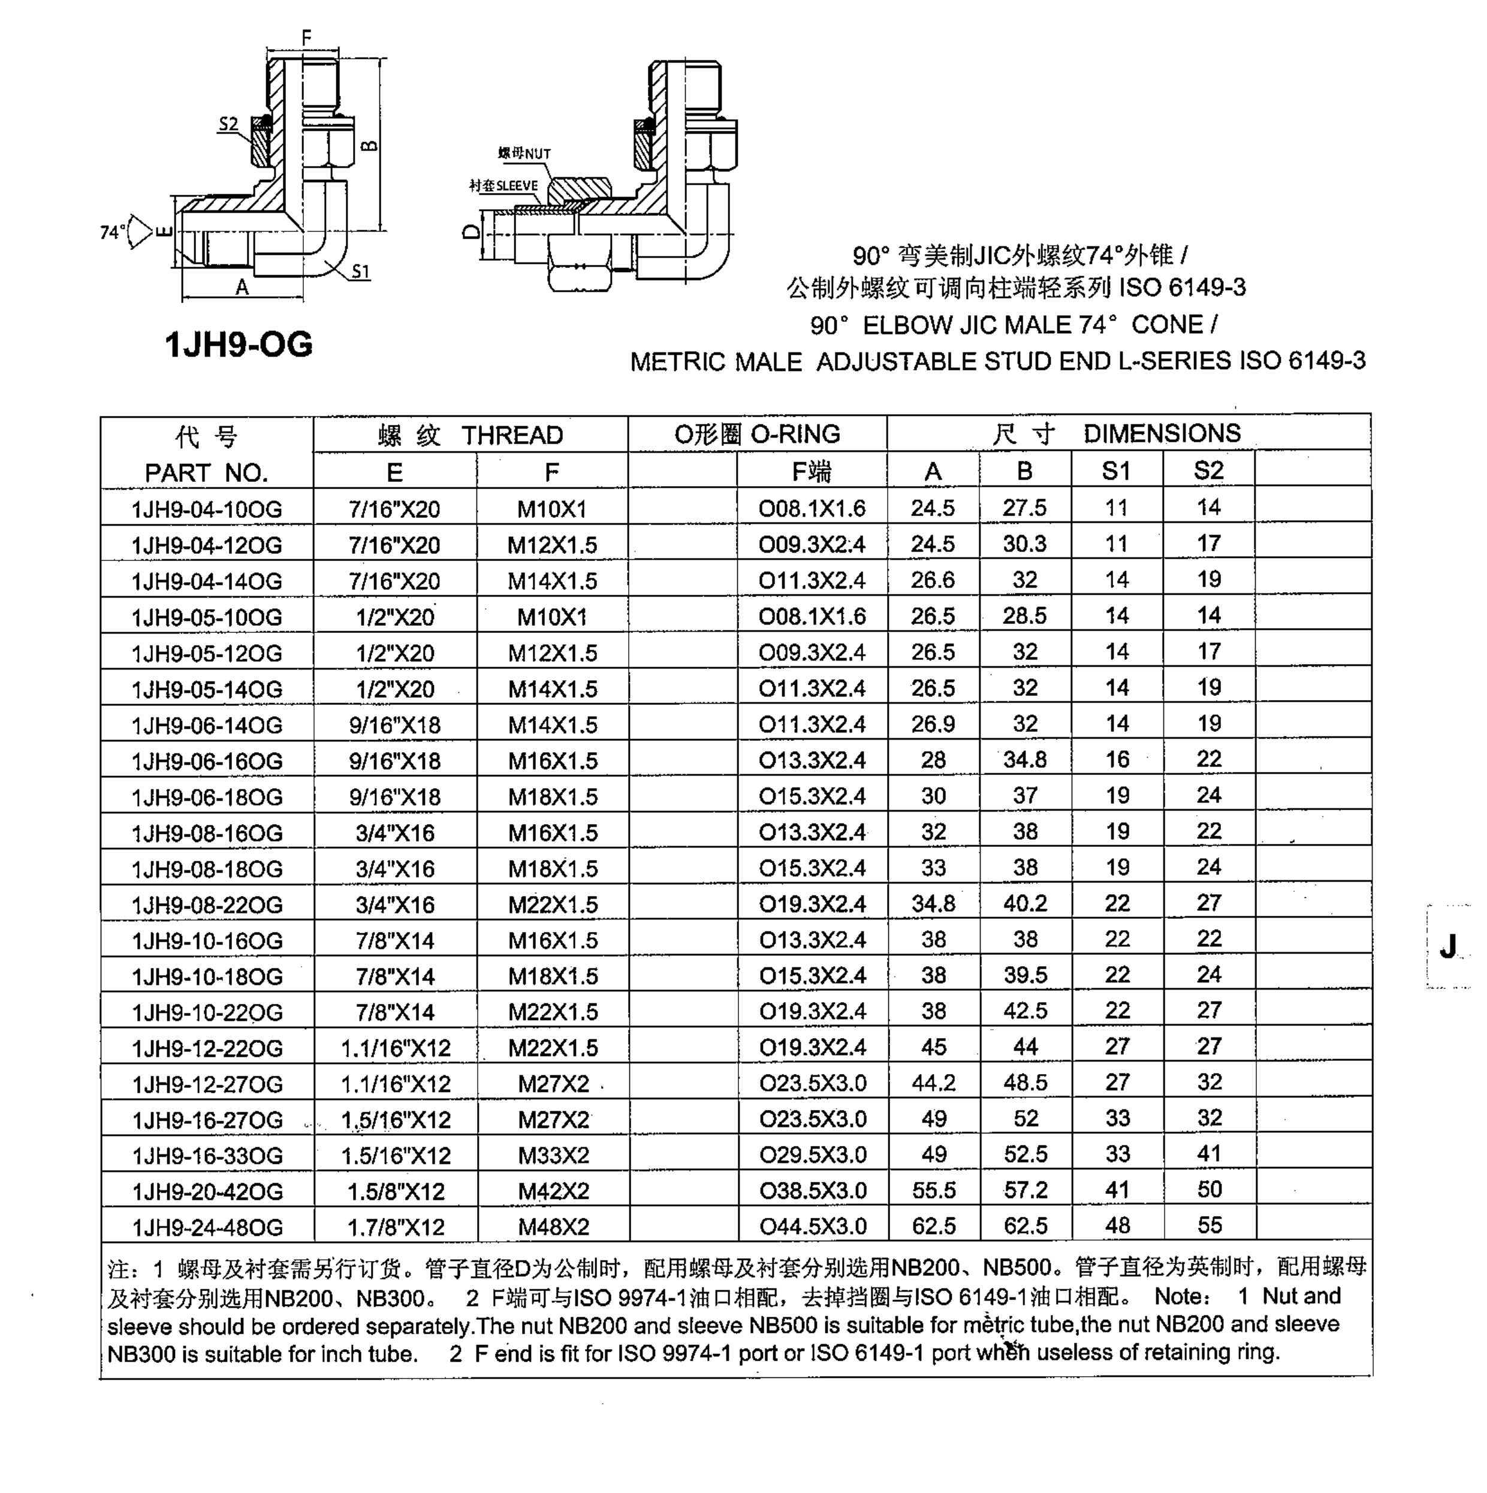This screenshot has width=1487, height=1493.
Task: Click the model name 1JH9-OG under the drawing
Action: tap(238, 344)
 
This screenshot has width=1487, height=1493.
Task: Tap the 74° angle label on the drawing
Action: tap(112, 232)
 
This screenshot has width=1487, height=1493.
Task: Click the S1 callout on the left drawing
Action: tap(360, 272)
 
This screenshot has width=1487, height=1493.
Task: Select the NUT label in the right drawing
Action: tap(536, 154)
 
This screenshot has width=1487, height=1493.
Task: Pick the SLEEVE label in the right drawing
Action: tap(516, 185)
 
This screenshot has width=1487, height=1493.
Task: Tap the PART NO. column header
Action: tap(206, 472)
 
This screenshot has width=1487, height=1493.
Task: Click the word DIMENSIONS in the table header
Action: tap(1162, 433)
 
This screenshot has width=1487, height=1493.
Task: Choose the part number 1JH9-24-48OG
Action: tap(207, 1227)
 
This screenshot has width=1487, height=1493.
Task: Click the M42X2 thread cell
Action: tap(553, 1191)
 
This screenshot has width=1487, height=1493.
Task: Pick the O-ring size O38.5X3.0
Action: tap(812, 1190)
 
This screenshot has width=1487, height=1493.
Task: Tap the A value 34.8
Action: tap(933, 903)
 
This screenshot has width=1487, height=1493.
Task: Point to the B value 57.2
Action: tap(1025, 1190)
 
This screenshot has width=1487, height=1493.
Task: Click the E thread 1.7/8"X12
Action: tap(396, 1227)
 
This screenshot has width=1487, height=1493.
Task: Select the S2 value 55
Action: tap(1209, 1226)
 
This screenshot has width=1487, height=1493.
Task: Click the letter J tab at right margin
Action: tap(1447, 946)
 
